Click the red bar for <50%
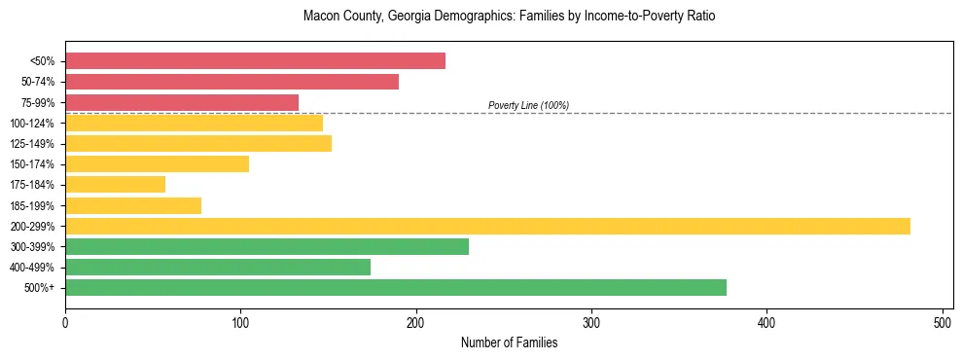point(255,61)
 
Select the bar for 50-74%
point(232,82)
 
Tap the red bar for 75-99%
point(182,102)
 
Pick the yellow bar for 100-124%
point(194,123)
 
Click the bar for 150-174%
point(157,164)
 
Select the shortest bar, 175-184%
point(115,185)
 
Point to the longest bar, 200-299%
point(487,226)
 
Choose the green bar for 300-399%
point(267,247)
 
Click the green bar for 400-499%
point(218,268)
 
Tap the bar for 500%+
point(396,288)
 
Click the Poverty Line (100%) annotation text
point(528,105)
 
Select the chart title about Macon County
point(509,17)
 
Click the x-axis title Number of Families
point(509,342)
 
